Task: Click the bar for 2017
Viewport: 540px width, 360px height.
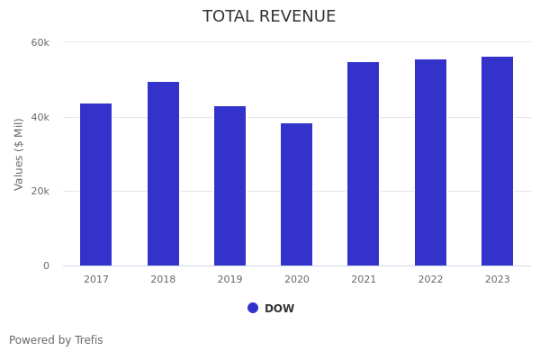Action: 95,184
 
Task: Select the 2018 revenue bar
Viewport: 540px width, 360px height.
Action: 163,174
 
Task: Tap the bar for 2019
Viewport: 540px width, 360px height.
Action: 229,185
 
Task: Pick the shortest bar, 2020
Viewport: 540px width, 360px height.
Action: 296,194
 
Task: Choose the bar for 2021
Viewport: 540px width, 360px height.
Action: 364,164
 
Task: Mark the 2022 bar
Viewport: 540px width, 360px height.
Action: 430,162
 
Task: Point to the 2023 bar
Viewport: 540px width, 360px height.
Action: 497,161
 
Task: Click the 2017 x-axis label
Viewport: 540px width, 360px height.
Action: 96,280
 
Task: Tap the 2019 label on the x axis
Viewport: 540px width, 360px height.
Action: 229,280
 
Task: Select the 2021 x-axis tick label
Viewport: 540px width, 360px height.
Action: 364,280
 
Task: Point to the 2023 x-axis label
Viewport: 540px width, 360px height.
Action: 497,280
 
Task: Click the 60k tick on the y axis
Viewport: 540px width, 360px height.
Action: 40,42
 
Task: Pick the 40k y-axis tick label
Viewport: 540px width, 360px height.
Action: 40,117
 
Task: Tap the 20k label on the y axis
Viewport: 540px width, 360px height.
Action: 40,192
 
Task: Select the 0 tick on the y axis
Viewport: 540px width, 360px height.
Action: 46,265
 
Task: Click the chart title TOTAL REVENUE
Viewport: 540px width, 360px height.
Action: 269,17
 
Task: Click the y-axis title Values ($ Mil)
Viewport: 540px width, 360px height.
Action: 19,154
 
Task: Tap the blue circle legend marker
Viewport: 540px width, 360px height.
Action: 253,308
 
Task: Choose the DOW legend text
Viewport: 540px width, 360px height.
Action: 279,309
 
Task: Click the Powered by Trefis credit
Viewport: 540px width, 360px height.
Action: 56,340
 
